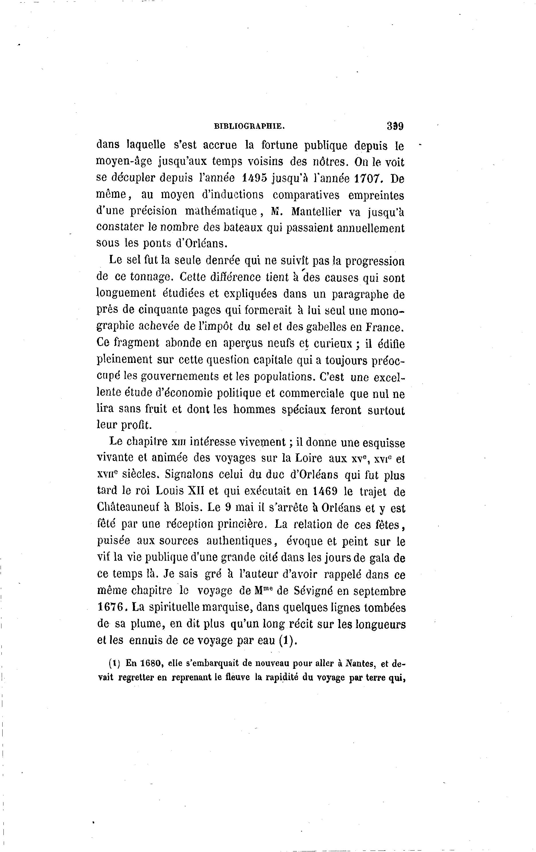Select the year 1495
(x=254, y=178)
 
